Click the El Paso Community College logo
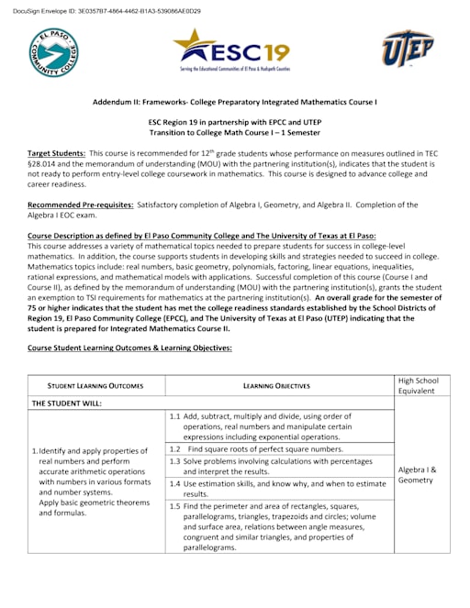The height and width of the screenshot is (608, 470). pyautogui.click(x=53, y=52)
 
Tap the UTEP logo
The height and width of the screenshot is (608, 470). pyautogui.click(x=408, y=49)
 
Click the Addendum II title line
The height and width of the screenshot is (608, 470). pyautogui.click(x=235, y=102)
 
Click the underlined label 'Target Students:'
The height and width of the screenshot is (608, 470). pyautogui.click(x=57, y=153)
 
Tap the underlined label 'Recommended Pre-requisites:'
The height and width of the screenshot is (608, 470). pyautogui.click(x=81, y=205)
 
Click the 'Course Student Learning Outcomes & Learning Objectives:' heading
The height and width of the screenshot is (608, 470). pyautogui.click(x=129, y=348)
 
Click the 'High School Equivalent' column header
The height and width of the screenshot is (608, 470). pyautogui.click(x=422, y=386)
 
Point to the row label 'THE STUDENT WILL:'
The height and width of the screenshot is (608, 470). pyautogui.click(x=69, y=403)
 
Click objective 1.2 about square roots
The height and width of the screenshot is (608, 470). pyautogui.click(x=257, y=449)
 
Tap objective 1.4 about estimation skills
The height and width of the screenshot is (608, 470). pyautogui.click(x=277, y=488)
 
